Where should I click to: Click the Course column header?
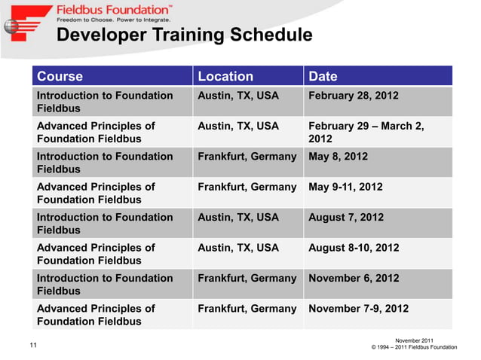60,76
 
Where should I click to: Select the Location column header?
225,76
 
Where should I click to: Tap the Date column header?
323,76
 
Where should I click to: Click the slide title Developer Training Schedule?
185,35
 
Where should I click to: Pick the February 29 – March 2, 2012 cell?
366,133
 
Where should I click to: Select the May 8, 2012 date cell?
338,157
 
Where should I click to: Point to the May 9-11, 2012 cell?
345,187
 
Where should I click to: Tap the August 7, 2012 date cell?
346,218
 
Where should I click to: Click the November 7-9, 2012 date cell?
358,308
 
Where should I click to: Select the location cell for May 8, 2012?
247,157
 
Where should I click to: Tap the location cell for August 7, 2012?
237,218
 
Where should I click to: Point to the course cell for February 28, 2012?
105,102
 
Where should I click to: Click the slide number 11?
33,345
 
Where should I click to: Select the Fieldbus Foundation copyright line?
415,348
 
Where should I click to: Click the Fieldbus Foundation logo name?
113,11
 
